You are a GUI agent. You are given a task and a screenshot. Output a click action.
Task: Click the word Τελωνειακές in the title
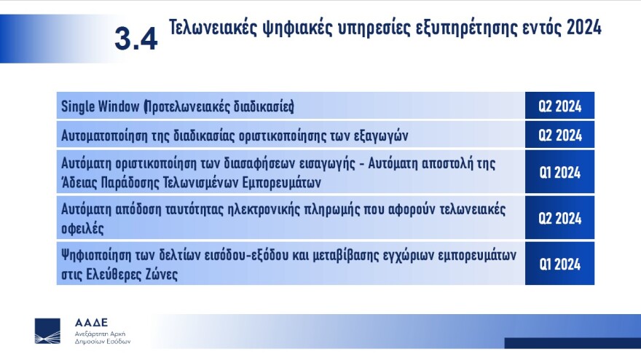211,28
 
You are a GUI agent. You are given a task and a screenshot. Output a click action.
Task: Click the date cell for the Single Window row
559,106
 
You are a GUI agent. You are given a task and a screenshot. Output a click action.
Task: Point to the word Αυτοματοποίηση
105,135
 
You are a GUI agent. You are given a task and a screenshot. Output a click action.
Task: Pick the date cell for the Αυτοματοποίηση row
559,135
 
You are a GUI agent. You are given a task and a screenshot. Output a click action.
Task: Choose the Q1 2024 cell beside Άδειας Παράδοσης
559,173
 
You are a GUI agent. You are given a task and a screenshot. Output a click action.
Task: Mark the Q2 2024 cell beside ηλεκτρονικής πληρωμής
559,218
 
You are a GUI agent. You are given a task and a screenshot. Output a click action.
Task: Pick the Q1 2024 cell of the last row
559,265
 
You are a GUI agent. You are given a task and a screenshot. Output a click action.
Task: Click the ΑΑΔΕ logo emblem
48,330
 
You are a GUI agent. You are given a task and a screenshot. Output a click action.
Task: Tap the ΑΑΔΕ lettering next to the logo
91,321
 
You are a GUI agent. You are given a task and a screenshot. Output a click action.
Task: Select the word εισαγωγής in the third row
396,161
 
